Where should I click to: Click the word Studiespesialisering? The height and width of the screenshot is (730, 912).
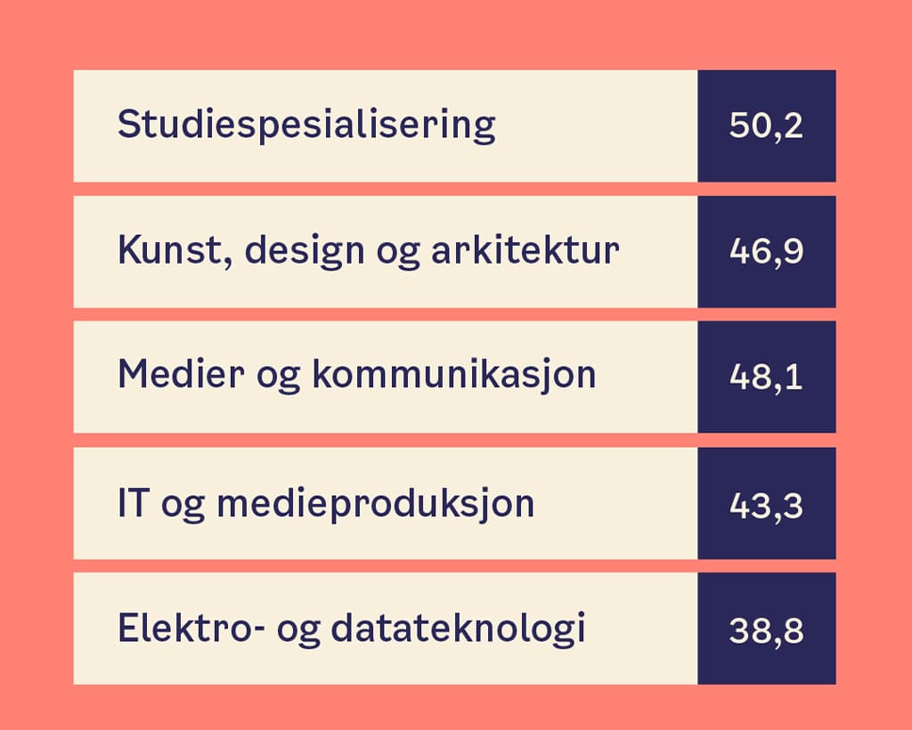(306, 125)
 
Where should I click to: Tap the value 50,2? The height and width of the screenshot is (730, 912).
(766, 126)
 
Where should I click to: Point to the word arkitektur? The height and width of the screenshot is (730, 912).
(525, 250)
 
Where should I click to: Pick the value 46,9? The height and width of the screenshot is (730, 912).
(766, 251)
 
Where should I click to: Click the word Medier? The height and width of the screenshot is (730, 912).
(181, 374)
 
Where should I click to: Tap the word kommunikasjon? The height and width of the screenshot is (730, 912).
(454, 376)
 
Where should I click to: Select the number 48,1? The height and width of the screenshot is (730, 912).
(766, 377)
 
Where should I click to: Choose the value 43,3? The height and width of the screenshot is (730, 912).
(766, 505)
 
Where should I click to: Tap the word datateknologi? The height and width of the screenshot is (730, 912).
(458, 629)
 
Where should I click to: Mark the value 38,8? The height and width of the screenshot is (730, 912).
(766, 630)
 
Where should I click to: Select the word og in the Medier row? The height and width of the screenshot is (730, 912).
(278, 379)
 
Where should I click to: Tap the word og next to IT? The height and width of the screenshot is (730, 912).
(183, 508)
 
